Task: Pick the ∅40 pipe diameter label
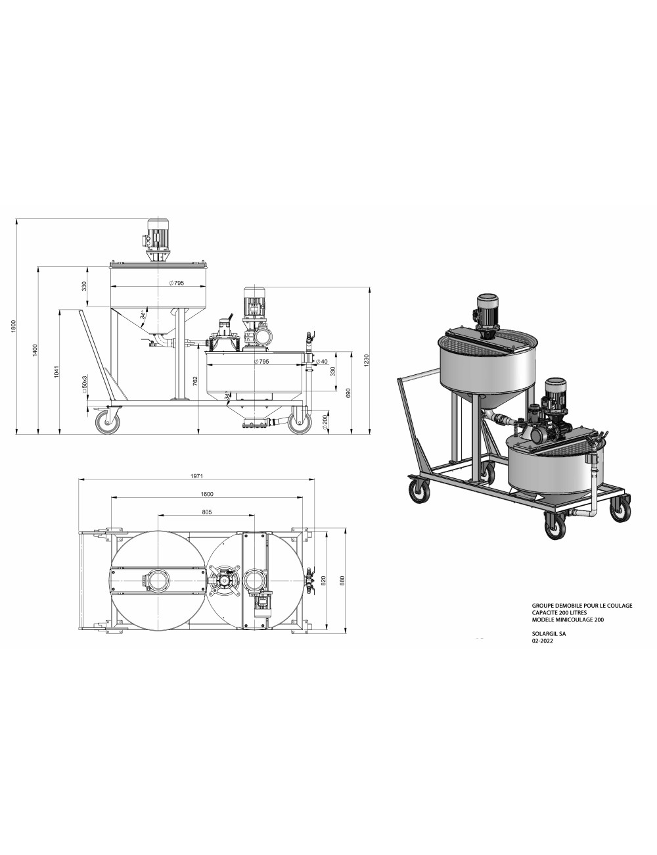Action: click(x=321, y=362)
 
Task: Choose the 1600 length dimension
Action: click(x=208, y=494)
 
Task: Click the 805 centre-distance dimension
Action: click(x=207, y=511)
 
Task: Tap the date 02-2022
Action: click(x=543, y=642)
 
